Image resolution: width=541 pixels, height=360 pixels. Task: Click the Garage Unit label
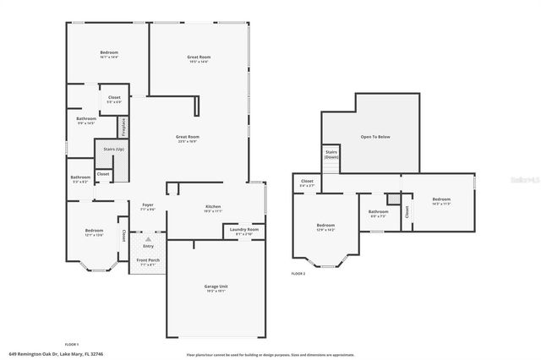pos(216,287)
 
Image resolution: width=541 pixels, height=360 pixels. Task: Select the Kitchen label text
pos(213,206)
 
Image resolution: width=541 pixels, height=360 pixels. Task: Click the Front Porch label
pos(147,260)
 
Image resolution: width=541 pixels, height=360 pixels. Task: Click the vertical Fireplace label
pos(124,128)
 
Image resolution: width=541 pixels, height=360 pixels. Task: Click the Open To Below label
pos(375,136)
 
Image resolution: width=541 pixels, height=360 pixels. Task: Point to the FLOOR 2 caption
pos(298,274)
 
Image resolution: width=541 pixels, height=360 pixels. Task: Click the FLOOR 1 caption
pos(71,345)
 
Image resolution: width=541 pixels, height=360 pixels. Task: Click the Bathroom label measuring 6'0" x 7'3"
pos(378,212)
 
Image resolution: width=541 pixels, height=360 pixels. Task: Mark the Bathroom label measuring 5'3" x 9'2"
pos(81,178)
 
